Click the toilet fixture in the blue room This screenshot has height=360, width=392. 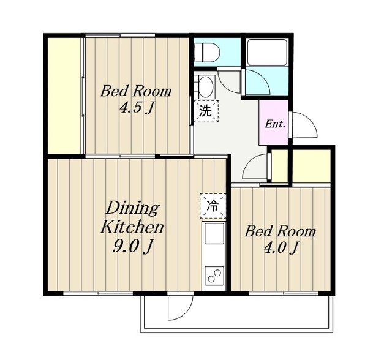coord(207,53)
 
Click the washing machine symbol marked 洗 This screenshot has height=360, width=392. coord(206,111)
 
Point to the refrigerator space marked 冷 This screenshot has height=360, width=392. coord(213,206)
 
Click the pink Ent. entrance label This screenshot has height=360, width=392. coord(275,124)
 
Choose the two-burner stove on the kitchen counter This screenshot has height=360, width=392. coord(214,276)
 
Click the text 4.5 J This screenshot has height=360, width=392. coord(137,108)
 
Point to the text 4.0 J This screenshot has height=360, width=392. coord(281,247)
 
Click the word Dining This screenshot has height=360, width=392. coord(132,208)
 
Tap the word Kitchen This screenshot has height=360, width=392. coord(132,227)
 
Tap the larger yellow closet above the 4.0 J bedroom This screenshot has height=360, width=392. coord(312,166)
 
